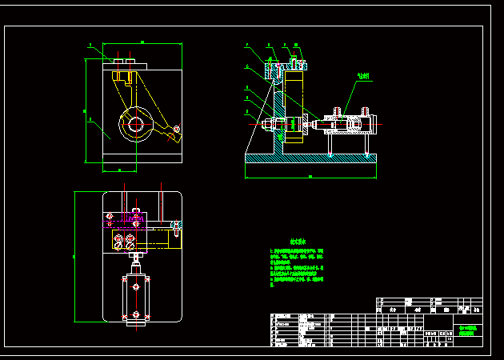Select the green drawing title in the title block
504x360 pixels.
pos(468,330)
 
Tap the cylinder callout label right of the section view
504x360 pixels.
pos(363,77)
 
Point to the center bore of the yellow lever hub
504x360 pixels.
pos(135,125)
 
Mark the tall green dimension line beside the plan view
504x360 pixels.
pos(74,256)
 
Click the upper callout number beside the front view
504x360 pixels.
pos(90,46)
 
